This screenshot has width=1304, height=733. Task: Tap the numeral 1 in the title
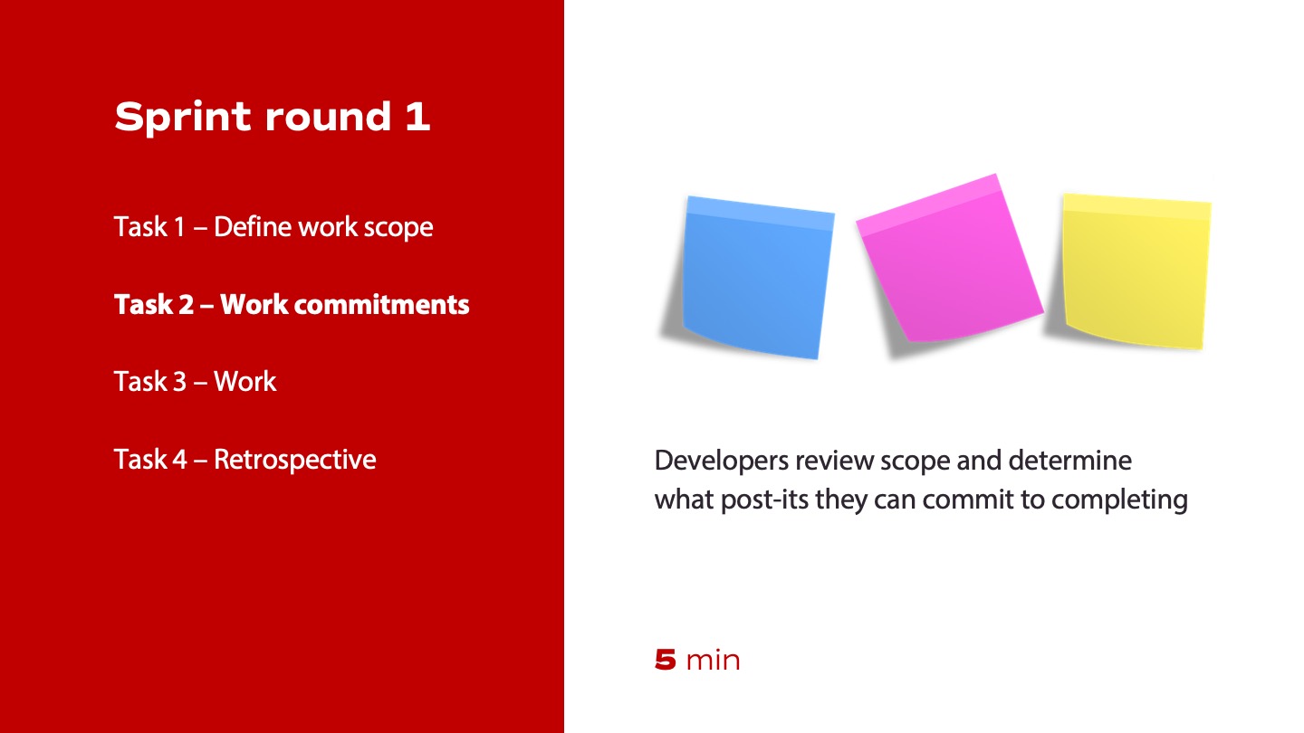[x=417, y=116]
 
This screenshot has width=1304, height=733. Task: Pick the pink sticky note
[x=950, y=258]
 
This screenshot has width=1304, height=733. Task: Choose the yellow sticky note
[x=1136, y=271]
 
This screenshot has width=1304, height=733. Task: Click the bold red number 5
[x=666, y=661]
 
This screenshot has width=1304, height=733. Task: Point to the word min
[x=714, y=661]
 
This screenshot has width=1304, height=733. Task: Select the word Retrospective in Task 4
[x=294, y=460]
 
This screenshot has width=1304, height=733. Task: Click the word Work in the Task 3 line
[x=245, y=382]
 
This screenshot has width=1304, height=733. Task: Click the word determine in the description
[x=1070, y=461]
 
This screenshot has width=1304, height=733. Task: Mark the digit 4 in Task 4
[x=179, y=460]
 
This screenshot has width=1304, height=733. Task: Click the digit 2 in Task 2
[x=187, y=304]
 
